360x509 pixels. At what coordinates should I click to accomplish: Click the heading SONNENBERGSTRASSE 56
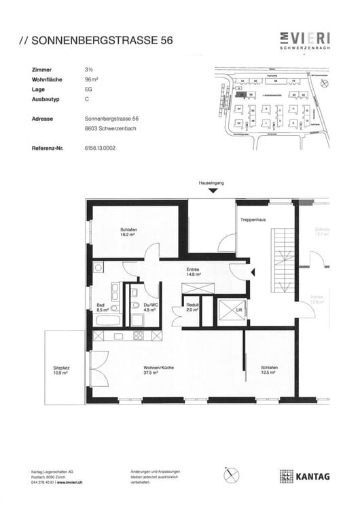[x=95, y=41]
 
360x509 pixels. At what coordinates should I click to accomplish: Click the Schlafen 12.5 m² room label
[x=270, y=370]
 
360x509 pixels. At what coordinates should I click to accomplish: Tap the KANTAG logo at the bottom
[x=304, y=476]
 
